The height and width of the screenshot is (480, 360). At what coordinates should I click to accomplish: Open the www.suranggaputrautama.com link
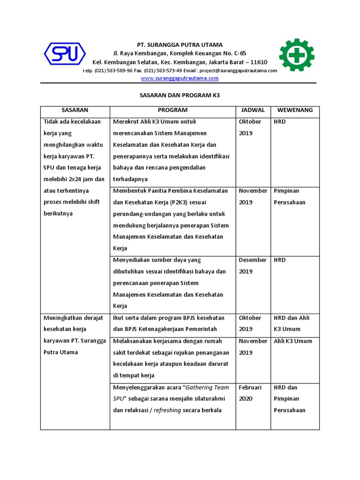coord(180,78)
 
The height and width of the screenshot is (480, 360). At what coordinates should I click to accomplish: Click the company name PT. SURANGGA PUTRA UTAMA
coord(180,45)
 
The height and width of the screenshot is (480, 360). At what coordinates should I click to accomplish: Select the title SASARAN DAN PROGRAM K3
coord(180,95)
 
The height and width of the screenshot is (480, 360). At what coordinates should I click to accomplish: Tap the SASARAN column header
coord(75,110)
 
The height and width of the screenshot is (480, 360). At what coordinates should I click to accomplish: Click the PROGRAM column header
coord(172,110)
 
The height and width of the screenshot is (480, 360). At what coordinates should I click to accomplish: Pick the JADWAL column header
coord(253,110)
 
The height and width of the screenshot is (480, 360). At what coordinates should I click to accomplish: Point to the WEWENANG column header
coord(295,110)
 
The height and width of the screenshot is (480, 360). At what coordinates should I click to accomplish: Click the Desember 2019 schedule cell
coord(253,265)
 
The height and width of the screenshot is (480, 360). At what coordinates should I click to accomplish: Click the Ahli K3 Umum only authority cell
coord(293,341)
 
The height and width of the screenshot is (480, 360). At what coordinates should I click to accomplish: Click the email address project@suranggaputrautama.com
coord(238,71)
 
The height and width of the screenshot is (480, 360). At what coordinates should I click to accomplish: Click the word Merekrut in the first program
coord(126,122)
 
